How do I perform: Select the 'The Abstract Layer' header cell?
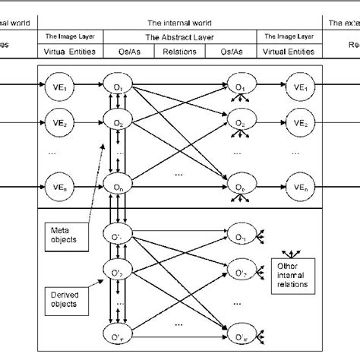click(179, 36)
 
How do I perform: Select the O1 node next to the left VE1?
click(118, 88)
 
